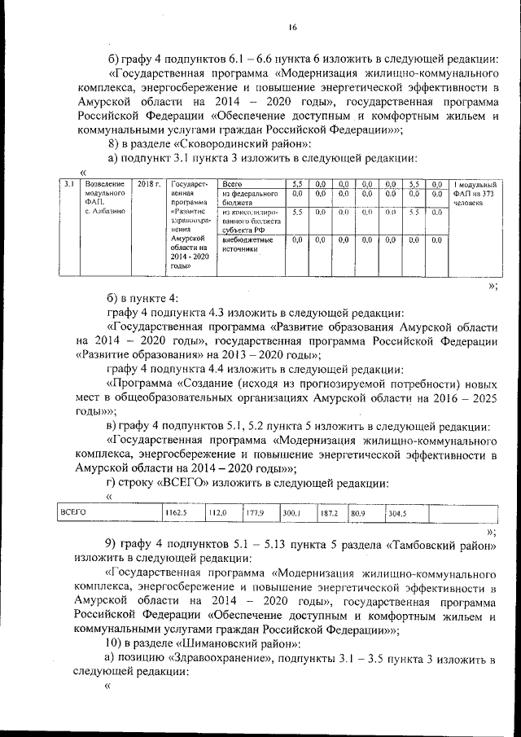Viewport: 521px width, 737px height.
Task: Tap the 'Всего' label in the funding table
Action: (x=233, y=185)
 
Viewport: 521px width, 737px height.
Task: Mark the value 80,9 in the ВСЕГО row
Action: (x=359, y=514)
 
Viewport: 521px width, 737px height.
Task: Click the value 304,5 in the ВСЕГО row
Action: (x=397, y=514)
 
